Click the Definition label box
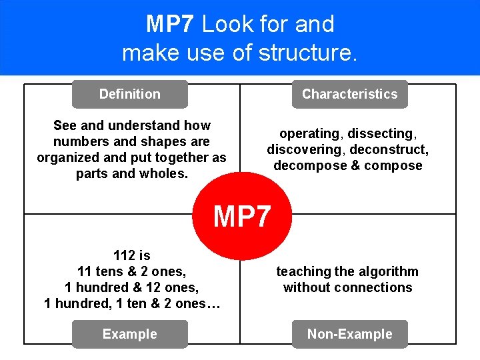point(129,94)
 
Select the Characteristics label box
point(349,94)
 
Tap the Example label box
point(129,334)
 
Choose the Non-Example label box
point(349,334)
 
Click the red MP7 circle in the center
point(242,215)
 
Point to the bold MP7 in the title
point(170,25)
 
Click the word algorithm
point(391,271)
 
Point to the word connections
point(375,287)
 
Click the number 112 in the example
point(123,255)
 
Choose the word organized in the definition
point(69,157)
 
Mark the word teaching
point(303,271)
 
